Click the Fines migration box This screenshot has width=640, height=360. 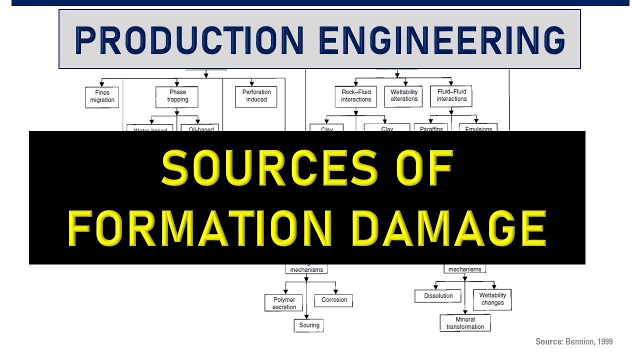(102, 96)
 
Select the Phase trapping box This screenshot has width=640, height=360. (177, 96)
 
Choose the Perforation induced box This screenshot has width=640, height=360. (256, 96)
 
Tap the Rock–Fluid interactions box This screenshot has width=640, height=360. (355, 96)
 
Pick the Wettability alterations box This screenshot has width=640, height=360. (404, 95)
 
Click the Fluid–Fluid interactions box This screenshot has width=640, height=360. (451, 95)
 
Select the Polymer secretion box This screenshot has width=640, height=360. (284, 303)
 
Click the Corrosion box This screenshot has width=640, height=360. (333, 300)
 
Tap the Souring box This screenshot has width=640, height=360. (308, 325)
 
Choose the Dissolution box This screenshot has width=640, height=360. (438, 296)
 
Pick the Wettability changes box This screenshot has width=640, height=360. (492, 299)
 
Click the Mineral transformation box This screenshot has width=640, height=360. (465, 323)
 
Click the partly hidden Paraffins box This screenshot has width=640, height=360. (428, 128)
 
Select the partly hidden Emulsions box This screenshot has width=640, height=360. (478, 128)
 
